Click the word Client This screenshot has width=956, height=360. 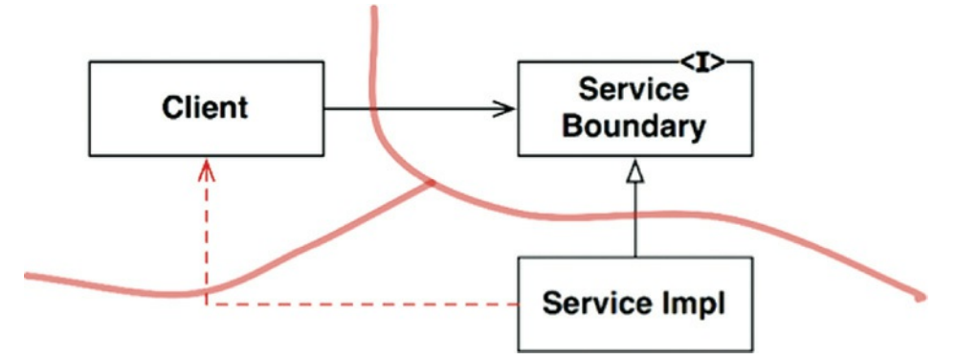tap(206, 108)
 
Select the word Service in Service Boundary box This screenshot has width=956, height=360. tap(634, 90)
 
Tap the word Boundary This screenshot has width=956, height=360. tap(634, 127)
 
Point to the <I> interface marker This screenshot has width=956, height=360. tap(703, 62)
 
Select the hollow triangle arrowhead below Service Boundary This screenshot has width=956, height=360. tap(634, 174)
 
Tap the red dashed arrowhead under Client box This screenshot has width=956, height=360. tap(207, 169)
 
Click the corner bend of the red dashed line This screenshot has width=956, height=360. tap(207, 304)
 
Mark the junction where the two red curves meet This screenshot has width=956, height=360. tap(431, 183)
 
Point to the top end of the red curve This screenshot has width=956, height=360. tap(374, 9)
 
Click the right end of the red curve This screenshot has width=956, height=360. tap(922, 298)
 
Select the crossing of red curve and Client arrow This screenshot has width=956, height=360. tap(375, 109)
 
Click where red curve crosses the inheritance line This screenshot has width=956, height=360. tap(634, 215)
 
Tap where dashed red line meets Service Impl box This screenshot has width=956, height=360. tap(519, 304)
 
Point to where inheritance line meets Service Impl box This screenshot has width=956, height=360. tap(634, 257)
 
